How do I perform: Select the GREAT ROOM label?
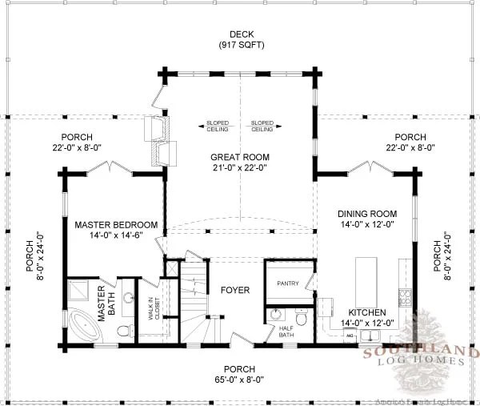pos(240,157)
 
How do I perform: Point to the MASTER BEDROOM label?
pos(116,225)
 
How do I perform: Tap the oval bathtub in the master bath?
pos(81,327)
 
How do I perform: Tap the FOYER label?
pos(236,289)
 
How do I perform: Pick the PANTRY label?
pos(287,283)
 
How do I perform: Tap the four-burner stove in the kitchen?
pos(406,299)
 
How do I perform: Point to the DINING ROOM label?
pos(367,214)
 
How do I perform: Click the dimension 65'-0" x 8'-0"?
pos(240,380)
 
